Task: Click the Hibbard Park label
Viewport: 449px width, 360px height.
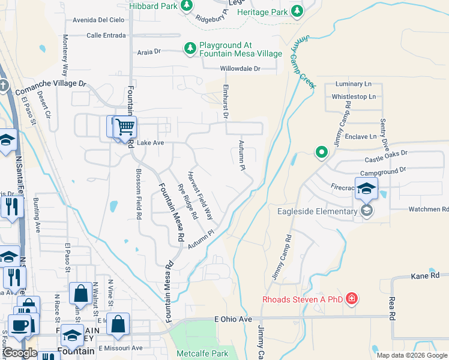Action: pos(154,6)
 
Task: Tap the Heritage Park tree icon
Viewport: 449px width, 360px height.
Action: pos(297,11)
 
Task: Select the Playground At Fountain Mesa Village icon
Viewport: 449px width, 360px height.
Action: pos(190,49)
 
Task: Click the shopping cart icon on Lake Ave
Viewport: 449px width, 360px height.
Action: pos(125,127)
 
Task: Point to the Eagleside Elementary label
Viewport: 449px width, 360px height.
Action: pos(317,211)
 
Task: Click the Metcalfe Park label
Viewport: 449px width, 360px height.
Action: pos(201,353)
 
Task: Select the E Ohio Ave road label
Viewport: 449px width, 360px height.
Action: pos(234,319)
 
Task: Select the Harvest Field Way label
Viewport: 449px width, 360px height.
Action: pos(200,195)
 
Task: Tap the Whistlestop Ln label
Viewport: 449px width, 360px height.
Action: pos(354,96)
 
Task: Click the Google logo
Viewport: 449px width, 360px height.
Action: pos(20,353)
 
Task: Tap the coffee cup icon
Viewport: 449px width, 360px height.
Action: pos(19,325)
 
